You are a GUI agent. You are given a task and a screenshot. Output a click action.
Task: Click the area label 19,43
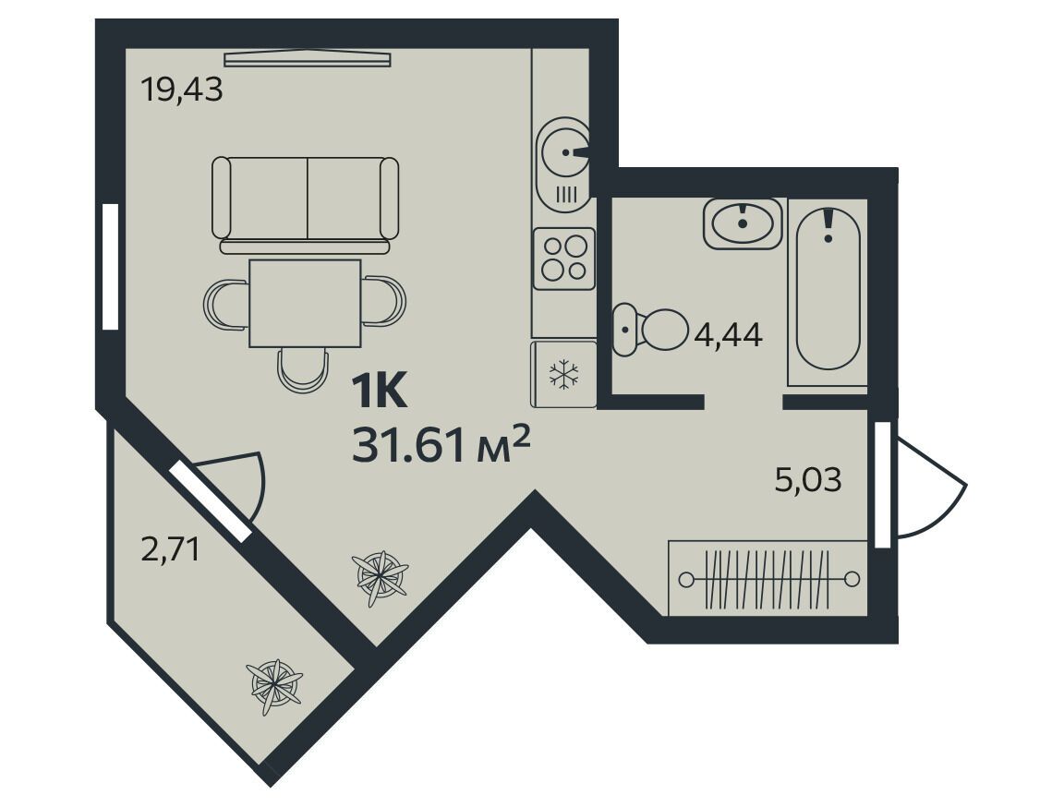point(181,90)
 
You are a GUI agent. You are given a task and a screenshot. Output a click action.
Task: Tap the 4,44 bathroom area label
point(729,334)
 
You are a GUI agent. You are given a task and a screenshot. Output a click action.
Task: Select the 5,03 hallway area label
point(808,479)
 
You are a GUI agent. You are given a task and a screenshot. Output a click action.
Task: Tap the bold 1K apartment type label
point(380,391)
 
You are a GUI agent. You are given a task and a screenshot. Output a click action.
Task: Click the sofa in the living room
point(306,206)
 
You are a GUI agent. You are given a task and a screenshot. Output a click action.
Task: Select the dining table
point(306,303)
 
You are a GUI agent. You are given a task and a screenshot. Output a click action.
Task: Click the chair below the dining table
point(303,370)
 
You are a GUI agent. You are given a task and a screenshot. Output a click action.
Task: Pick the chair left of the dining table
point(226,304)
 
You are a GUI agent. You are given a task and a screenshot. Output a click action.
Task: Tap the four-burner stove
point(564,259)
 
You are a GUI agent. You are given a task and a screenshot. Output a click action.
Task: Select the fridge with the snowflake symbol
point(564,374)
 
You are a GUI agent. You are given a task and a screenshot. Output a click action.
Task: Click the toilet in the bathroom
point(649,331)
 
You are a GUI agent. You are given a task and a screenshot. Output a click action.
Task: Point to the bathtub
point(828,289)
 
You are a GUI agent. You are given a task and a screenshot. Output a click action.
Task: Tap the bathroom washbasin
point(743,223)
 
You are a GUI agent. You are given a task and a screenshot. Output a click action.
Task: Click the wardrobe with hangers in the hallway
point(768,578)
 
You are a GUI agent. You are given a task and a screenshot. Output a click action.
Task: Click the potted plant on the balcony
point(276,686)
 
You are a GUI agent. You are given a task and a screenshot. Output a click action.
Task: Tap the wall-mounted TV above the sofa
point(308,60)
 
